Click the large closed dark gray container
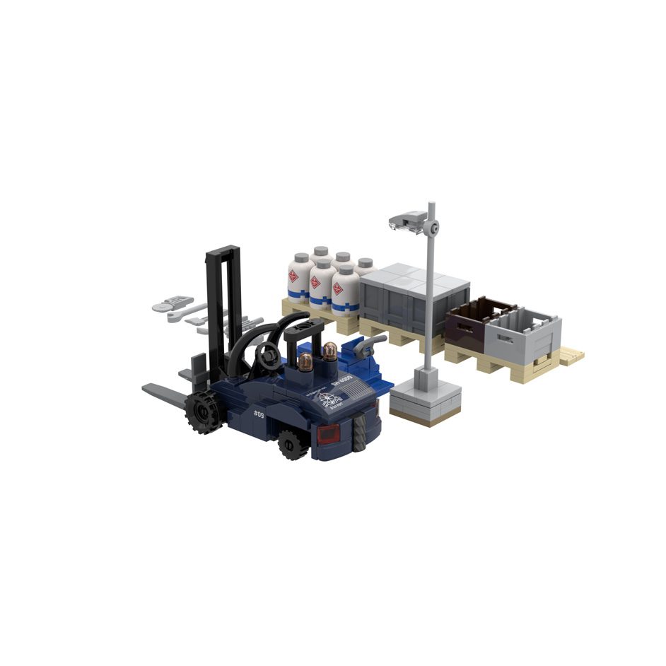[x=413, y=301]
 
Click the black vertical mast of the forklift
[x=223, y=304]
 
